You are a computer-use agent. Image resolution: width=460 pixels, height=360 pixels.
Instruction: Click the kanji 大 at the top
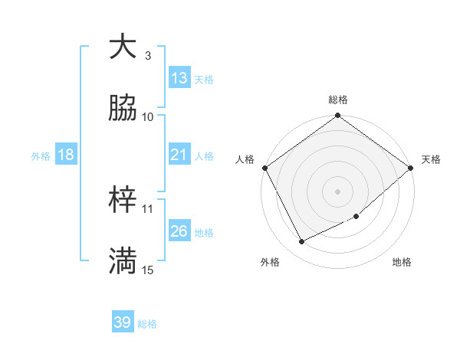[x=123, y=47]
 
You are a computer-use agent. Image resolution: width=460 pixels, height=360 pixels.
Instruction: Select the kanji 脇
[x=123, y=109]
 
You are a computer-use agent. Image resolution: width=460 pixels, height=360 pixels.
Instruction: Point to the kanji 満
[x=123, y=261]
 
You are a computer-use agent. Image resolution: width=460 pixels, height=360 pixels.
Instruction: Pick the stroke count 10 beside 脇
[x=148, y=116]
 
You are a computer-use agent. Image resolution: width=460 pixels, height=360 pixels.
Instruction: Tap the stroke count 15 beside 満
[x=148, y=270]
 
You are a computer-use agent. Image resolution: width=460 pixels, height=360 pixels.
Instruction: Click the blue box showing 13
[x=179, y=78]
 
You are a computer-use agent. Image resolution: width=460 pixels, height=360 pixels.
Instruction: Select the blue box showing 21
[x=179, y=155]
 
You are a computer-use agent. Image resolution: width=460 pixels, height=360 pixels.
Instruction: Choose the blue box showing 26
[x=179, y=231]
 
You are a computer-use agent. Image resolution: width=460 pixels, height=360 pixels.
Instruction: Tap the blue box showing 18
[x=66, y=155]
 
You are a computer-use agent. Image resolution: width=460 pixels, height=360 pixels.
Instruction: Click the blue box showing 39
[x=123, y=322]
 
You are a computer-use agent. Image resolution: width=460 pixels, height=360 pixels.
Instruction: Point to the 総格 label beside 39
[x=147, y=324]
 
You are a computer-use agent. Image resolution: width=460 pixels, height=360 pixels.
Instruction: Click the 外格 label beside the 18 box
[x=41, y=156]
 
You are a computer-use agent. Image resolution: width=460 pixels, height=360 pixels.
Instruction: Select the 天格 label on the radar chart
[x=431, y=159]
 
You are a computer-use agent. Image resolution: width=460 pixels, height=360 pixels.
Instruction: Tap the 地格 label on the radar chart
[x=402, y=263]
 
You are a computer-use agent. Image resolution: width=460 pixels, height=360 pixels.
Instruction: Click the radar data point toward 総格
[x=337, y=116]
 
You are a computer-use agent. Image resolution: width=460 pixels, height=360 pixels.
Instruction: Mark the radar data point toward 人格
[x=264, y=168]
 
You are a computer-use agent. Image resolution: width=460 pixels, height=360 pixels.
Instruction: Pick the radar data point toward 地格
[x=356, y=216]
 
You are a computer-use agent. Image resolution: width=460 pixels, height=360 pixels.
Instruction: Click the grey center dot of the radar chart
[x=337, y=191]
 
